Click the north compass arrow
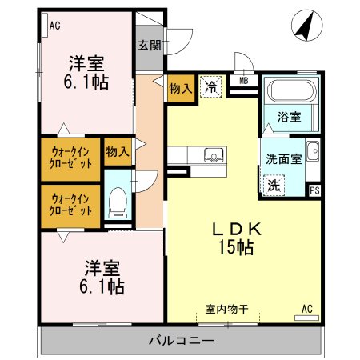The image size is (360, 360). (303, 26)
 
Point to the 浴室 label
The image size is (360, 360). (289, 118)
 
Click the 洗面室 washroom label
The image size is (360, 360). (283, 158)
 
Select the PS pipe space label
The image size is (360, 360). (315, 190)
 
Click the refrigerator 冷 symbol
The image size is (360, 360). (212, 87)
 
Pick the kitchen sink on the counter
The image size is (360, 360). (214, 155)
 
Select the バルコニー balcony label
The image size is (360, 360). (181, 342)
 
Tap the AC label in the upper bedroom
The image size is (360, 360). (54, 26)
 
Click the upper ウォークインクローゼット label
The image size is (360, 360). (71, 157)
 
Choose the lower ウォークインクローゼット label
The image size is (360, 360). (71, 205)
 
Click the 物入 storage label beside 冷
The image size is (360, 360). (179, 90)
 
